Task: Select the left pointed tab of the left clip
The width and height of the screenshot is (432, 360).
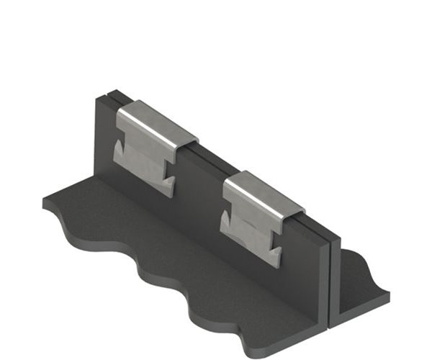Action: click(x=118, y=150)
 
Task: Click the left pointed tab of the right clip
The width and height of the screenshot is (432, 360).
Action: click(x=225, y=220)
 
